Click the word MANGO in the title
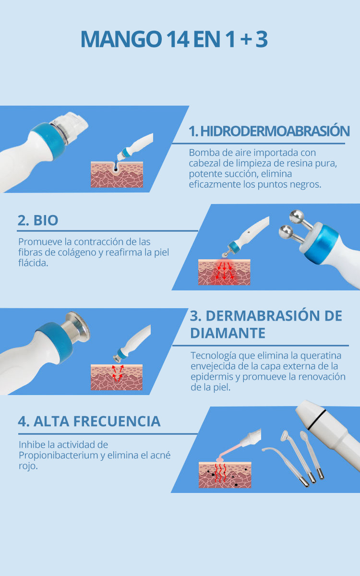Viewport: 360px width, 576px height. pyautogui.click(x=121, y=39)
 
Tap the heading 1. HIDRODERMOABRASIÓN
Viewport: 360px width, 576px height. pyautogui.click(x=269, y=131)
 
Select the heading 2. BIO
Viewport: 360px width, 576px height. pyautogui.click(x=38, y=220)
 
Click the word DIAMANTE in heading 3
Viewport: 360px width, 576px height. pyautogui.click(x=228, y=333)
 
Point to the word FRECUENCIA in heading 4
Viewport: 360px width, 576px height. pyautogui.click(x=117, y=421)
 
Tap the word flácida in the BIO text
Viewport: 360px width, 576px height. pyautogui.click(x=33, y=263)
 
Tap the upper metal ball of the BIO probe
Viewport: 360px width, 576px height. pyautogui.click(x=297, y=216)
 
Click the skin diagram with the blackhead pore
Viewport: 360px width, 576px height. pyautogui.click(x=117, y=174)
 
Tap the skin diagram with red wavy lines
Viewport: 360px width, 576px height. pyautogui.click(x=225, y=475)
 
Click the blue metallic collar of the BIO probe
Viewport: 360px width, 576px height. pyautogui.click(x=322, y=243)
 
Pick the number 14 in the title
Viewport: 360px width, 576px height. pyautogui.click(x=178, y=39)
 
